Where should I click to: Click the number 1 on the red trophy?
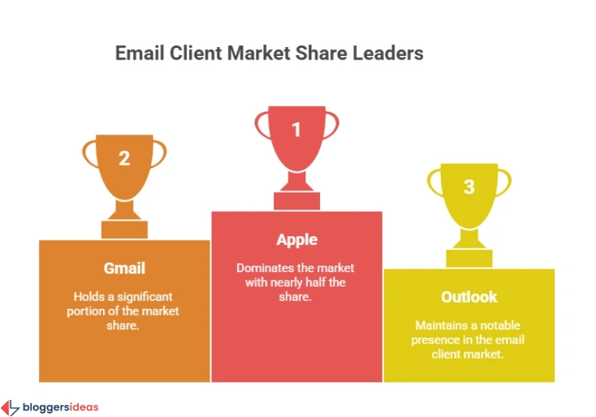297,129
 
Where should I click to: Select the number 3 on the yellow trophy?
469,186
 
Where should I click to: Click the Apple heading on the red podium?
297,240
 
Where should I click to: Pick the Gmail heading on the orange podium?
124,268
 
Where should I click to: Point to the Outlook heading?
469,297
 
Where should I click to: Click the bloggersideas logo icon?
10,407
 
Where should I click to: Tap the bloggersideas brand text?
60,407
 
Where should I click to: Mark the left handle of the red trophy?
261,125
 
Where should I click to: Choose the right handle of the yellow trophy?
504,181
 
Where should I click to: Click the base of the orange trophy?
124,229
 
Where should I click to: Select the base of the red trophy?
297,201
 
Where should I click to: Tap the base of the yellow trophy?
469,258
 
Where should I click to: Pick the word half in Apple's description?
334,282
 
